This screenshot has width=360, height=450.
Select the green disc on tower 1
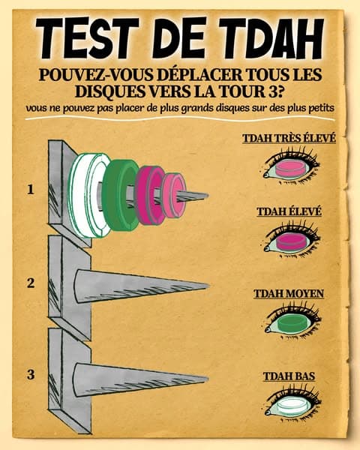coord(119,193)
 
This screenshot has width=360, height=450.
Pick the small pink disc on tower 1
coord(175,196)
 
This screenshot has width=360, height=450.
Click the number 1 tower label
coord(31,190)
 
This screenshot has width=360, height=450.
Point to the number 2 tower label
coord(31,283)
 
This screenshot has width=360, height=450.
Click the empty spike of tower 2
coord(135,288)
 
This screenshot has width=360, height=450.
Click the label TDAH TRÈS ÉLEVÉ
coord(288,138)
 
